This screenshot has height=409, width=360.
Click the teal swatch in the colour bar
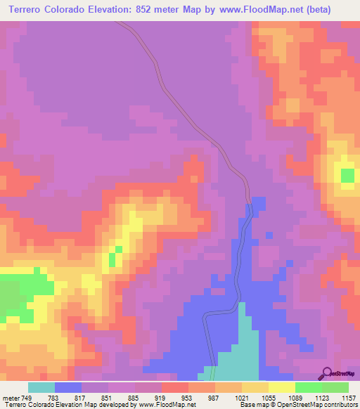(x=41, y=387)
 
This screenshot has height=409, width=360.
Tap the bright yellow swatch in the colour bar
(x=281, y=387)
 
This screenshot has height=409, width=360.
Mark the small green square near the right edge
(x=347, y=174)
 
